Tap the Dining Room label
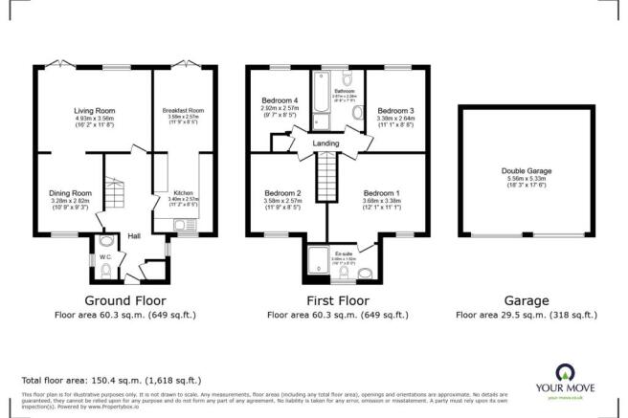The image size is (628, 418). tap(69, 192)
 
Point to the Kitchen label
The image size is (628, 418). tap(182, 191)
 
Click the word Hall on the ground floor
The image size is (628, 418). tap(135, 235)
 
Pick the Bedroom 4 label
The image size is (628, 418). tap(280, 99)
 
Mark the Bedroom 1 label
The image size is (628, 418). tap(382, 192)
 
